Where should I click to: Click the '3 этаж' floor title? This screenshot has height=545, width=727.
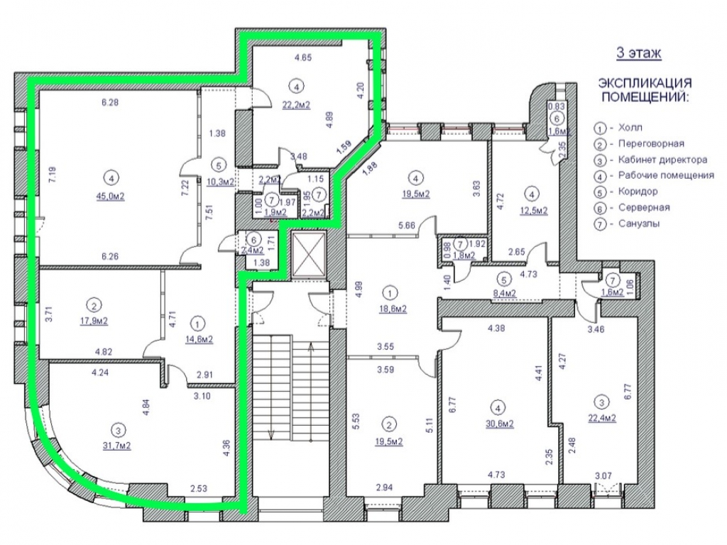[x=638, y=53]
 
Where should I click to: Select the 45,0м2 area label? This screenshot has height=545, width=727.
[x=110, y=197]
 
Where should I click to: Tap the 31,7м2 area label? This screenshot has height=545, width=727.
[x=116, y=446]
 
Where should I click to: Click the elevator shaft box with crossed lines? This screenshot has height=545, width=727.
[x=309, y=254]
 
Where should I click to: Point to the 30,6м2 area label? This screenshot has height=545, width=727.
[x=499, y=424]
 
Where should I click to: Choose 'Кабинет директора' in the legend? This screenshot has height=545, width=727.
[x=662, y=160]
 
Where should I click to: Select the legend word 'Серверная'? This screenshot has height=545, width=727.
[x=644, y=207]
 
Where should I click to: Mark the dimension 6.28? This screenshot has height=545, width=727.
[x=110, y=102]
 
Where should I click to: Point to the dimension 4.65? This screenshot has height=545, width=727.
[x=303, y=58]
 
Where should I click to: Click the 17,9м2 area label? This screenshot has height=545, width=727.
[x=94, y=321]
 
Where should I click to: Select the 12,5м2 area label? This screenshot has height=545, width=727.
[x=533, y=210]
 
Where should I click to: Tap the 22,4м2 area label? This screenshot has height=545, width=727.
[x=602, y=417]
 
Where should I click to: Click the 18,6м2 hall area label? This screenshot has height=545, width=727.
[x=393, y=309]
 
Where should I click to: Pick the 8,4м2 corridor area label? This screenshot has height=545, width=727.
[x=504, y=293]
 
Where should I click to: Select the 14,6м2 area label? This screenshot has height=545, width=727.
[x=199, y=339]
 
